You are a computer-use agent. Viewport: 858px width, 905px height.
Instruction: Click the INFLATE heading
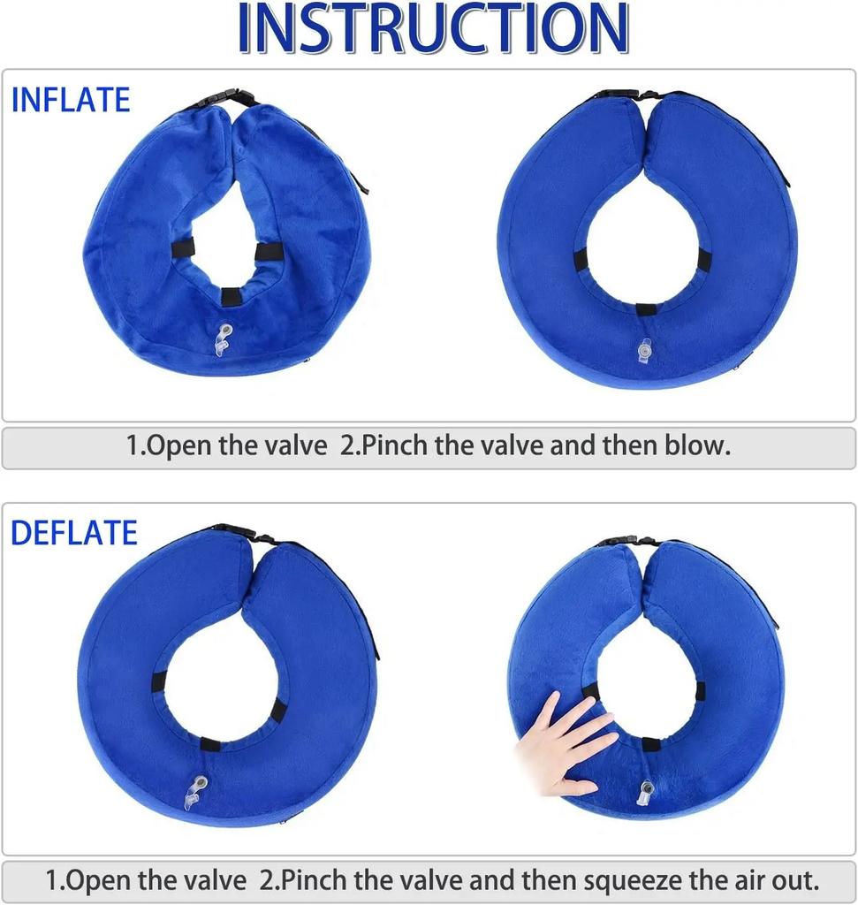pyautogui.click(x=71, y=100)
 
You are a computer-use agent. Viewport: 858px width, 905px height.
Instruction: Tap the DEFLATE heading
pyautogui.click(x=74, y=533)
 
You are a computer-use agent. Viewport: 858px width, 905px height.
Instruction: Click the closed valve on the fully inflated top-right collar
pyautogui.click(x=644, y=350)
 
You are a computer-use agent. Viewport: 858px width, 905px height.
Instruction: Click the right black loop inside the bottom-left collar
pyautogui.click(x=278, y=709)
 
